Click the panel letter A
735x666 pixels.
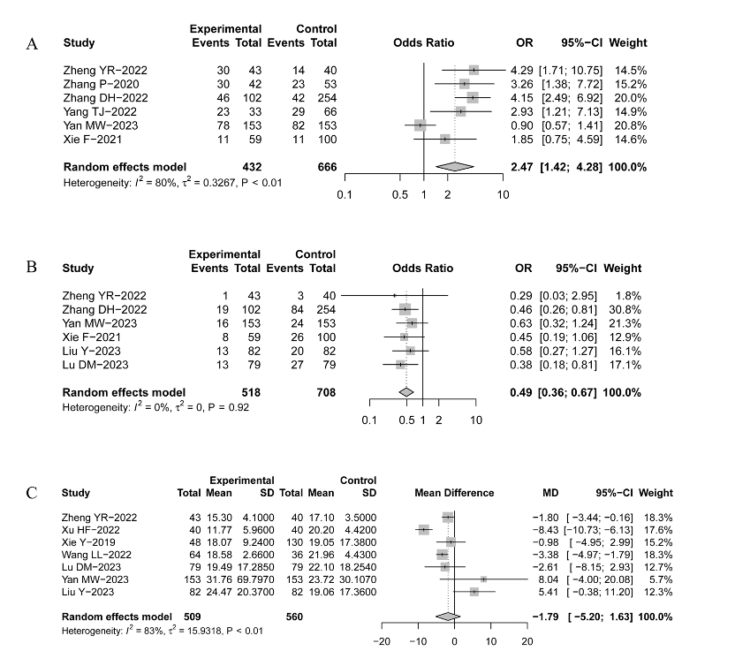coord(32,43)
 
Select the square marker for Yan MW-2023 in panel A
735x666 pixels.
coord(421,125)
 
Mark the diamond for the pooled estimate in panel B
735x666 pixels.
coord(405,392)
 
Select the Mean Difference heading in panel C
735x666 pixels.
coord(454,492)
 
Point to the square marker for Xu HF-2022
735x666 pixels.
coord(424,530)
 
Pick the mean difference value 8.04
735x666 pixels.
coord(546,579)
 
